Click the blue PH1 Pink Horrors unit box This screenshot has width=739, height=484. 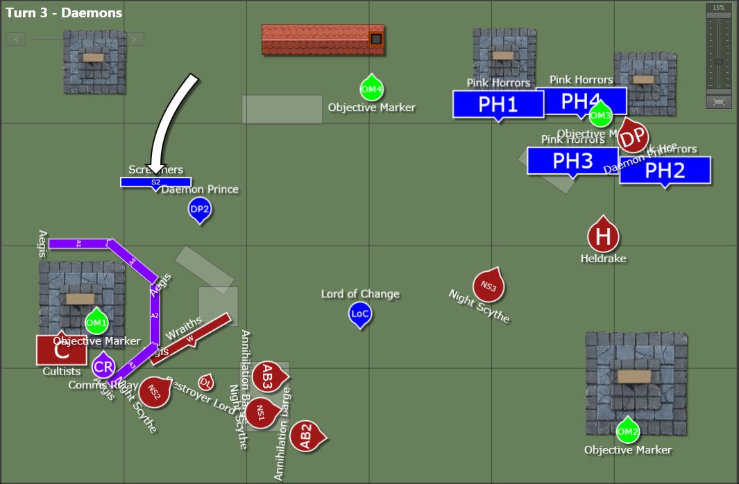click(x=498, y=104)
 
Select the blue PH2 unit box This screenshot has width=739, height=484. click(x=665, y=170)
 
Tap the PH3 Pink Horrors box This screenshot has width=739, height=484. click(x=572, y=160)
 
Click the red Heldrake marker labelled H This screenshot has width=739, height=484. click(x=603, y=236)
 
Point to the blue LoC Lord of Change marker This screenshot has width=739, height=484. click(x=360, y=314)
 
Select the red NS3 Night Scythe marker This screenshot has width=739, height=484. click(x=489, y=286)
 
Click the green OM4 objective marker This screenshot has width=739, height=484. click(x=372, y=89)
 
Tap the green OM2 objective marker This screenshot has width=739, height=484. click(x=627, y=431)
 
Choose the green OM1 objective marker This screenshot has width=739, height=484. click(x=96, y=322)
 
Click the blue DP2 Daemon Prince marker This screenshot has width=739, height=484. click(x=200, y=209)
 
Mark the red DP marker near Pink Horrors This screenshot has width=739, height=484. click(x=632, y=138)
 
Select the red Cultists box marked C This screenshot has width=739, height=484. click(x=61, y=349)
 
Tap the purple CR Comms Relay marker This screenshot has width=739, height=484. click(x=103, y=366)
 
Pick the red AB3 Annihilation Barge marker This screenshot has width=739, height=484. click(x=267, y=377)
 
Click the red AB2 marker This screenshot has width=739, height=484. click(x=306, y=436)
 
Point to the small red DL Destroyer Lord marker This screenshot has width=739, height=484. click(x=205, y=382)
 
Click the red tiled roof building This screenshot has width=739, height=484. click(x=323, y=40)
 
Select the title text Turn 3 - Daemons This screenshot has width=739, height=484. click(x=64, y=12)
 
